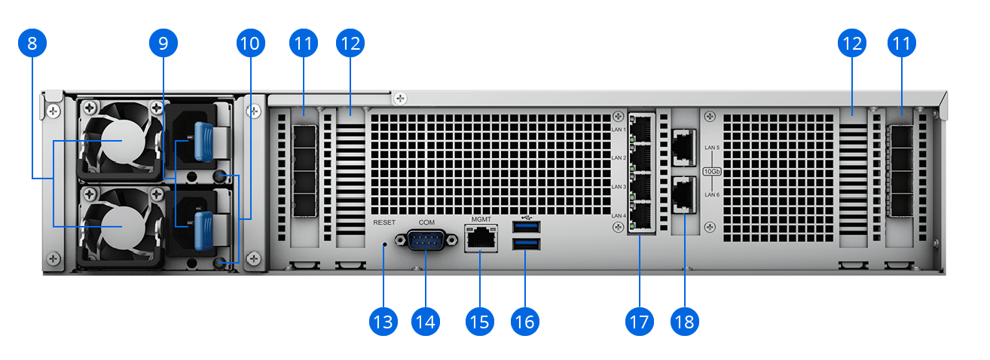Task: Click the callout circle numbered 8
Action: tap(31, 43)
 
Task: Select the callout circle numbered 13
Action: tap(383, 322)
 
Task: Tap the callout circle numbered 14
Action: tap(425, 322)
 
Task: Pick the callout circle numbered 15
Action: tap(479, 322)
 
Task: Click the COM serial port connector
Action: tap(426, 239)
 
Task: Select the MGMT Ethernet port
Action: tap(481, 239)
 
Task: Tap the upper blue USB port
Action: tap(526, 227)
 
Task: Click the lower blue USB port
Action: tap(526, 243)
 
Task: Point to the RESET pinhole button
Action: tap(385, 244)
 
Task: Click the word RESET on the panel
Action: tap(384, 223)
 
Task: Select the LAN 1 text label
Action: tap(618, 130)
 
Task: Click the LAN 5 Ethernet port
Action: tap(683, 146)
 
